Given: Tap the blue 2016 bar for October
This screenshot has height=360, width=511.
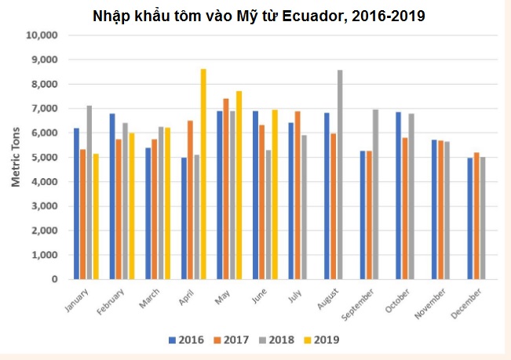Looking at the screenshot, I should coord(399,195).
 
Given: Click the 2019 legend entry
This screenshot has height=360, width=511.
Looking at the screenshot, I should coord(324,340).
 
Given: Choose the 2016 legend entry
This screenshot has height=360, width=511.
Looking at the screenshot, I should coord(186,340).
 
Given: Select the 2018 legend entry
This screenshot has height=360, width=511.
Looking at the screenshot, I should coord(279,340).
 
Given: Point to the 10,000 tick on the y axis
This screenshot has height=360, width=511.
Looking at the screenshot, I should coord(42,36).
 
